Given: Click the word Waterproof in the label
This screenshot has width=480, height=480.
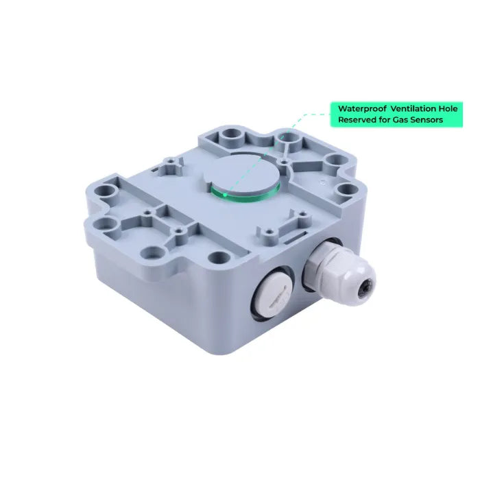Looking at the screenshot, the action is tap(362, 108).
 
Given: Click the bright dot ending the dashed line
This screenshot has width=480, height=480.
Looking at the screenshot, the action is tap(225, 194).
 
